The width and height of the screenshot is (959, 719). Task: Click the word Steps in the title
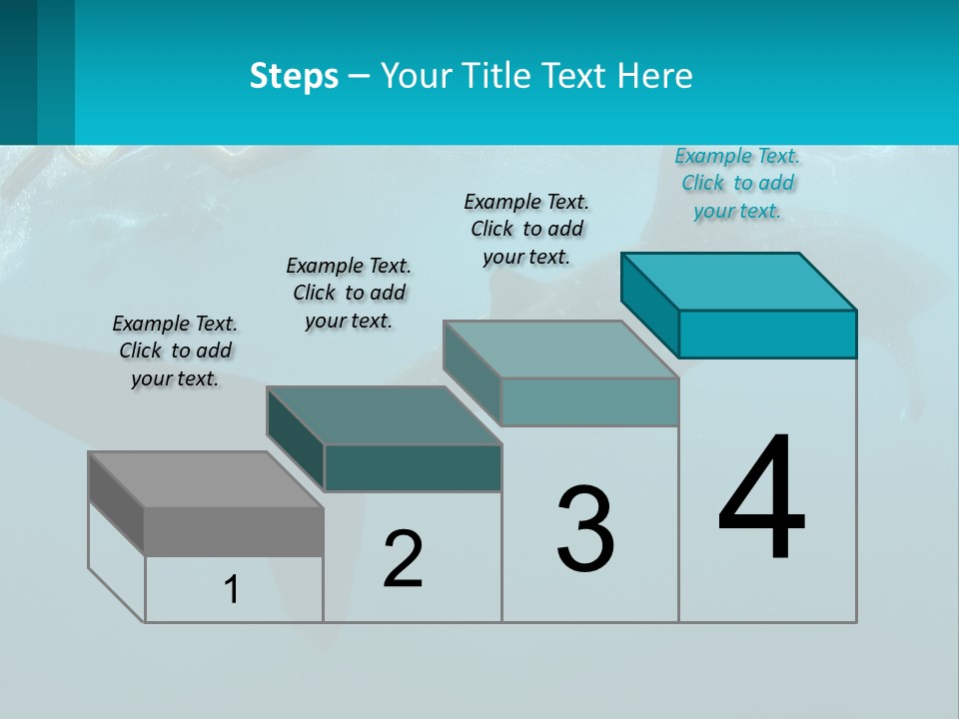click(x=294, y=76)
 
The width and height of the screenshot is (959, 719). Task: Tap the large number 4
click(x=761, y=499)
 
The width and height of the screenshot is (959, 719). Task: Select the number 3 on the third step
click(x=585, y=529)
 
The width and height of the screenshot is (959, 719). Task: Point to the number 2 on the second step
click(x=404, y=559)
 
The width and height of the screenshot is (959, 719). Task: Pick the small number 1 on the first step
click(x=232, y=589)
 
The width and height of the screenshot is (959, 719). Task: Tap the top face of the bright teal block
click(x=739, y=281)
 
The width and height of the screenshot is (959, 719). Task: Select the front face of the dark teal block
click(x=413, y=467)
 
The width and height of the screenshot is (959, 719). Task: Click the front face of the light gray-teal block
click(x=589, y=401)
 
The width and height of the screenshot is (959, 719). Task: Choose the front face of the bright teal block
click(x=767, y=334)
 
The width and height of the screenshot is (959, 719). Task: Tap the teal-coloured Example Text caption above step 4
click(x=737, y=183)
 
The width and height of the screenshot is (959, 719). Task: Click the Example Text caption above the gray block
click(x=175, y=351)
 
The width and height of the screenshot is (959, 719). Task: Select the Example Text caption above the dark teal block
click(x=349, y=293)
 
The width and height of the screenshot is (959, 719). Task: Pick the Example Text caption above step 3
click(x=526, y=229)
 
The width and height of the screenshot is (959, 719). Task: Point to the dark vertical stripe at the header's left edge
click(x=18, y=72)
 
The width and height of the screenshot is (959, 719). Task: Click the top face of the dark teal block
click(x=384, y=414)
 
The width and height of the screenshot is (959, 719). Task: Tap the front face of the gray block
click(x=234, y=531)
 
